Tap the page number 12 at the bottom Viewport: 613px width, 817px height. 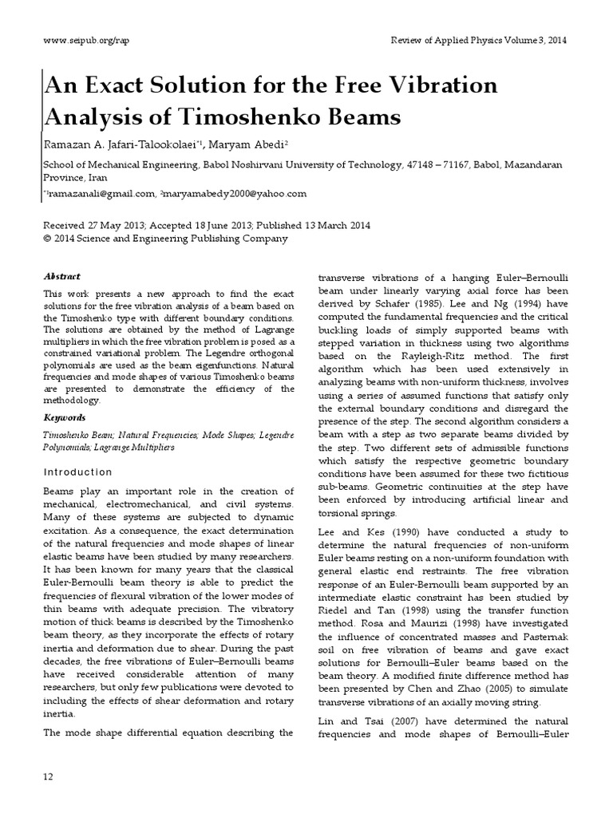(47, 776)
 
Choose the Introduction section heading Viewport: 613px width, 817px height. (77, 472)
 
